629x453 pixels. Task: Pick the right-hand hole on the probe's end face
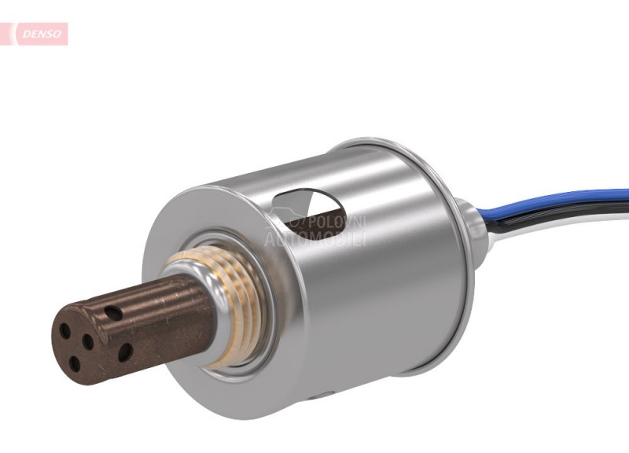89,342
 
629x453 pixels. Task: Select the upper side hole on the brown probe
116,313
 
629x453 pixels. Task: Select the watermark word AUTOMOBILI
314,238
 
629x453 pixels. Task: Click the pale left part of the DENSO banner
9,34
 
